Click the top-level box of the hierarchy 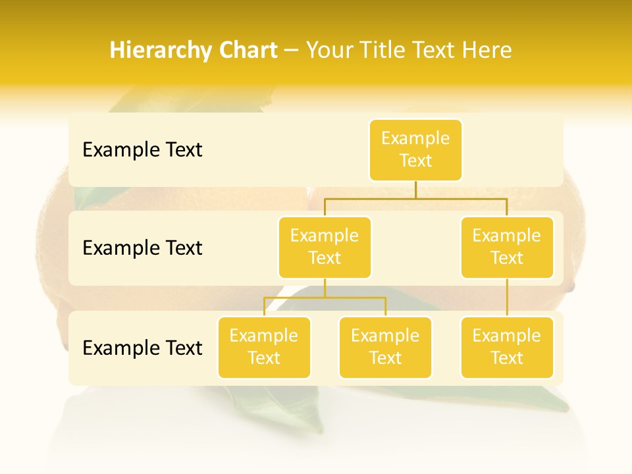tap(415, 149)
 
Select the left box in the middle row tap(325, 247)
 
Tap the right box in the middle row tap(507, 247)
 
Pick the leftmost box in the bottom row tap(264, 347)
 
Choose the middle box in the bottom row tap(385, 347)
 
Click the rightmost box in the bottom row tap(507, 347)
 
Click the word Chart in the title tap(247, 50)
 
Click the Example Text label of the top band tap(142, 149)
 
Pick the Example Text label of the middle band tap(142, 248)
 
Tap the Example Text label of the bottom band tap(142, 348)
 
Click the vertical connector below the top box tap(415, 190)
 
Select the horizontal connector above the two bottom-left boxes tap(325, 298)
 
